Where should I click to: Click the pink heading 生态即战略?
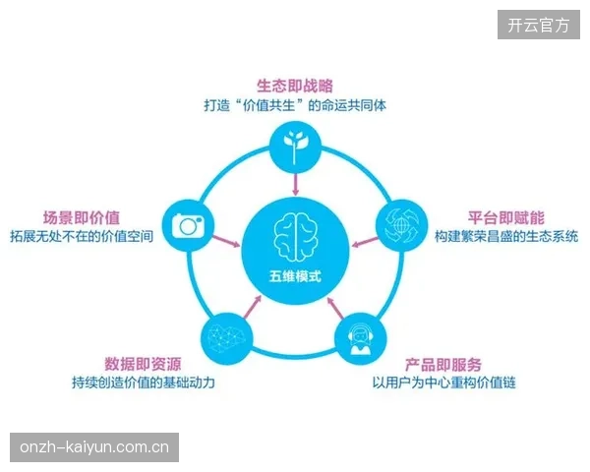coord(295,86)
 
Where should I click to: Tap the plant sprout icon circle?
coord(295,147)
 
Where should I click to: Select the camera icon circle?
coord(188,225)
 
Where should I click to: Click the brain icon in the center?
coord(295,237)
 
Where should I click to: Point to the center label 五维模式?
coord(295,276)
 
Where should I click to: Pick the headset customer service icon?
coord(361,337)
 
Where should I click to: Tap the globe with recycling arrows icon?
coord(402,226)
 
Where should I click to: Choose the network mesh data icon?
coord(227,337)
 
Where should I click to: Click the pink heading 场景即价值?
coord(82,218)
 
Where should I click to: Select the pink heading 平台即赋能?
coord(506,218)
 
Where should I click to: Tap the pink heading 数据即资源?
coord(143,364)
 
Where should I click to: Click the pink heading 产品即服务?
coord(443,364)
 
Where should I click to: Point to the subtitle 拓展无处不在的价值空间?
coord(82,236)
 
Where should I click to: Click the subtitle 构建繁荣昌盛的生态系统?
coord(506,236)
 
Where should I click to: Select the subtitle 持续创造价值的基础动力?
coord(144,383)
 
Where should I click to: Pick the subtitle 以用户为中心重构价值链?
coord(444,383)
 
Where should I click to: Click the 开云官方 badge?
coord(539,25)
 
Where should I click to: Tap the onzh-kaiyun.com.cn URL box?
coord(94,447)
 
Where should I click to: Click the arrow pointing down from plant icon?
coord(296,184)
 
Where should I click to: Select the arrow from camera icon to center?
coord(226,241)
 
